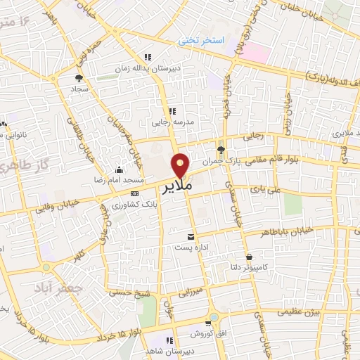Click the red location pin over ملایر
coord(182,165)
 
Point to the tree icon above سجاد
coord(78,79)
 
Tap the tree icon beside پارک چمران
coord(221,149)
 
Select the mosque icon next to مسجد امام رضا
coord(119,169)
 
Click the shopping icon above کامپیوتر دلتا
coord(250,257)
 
